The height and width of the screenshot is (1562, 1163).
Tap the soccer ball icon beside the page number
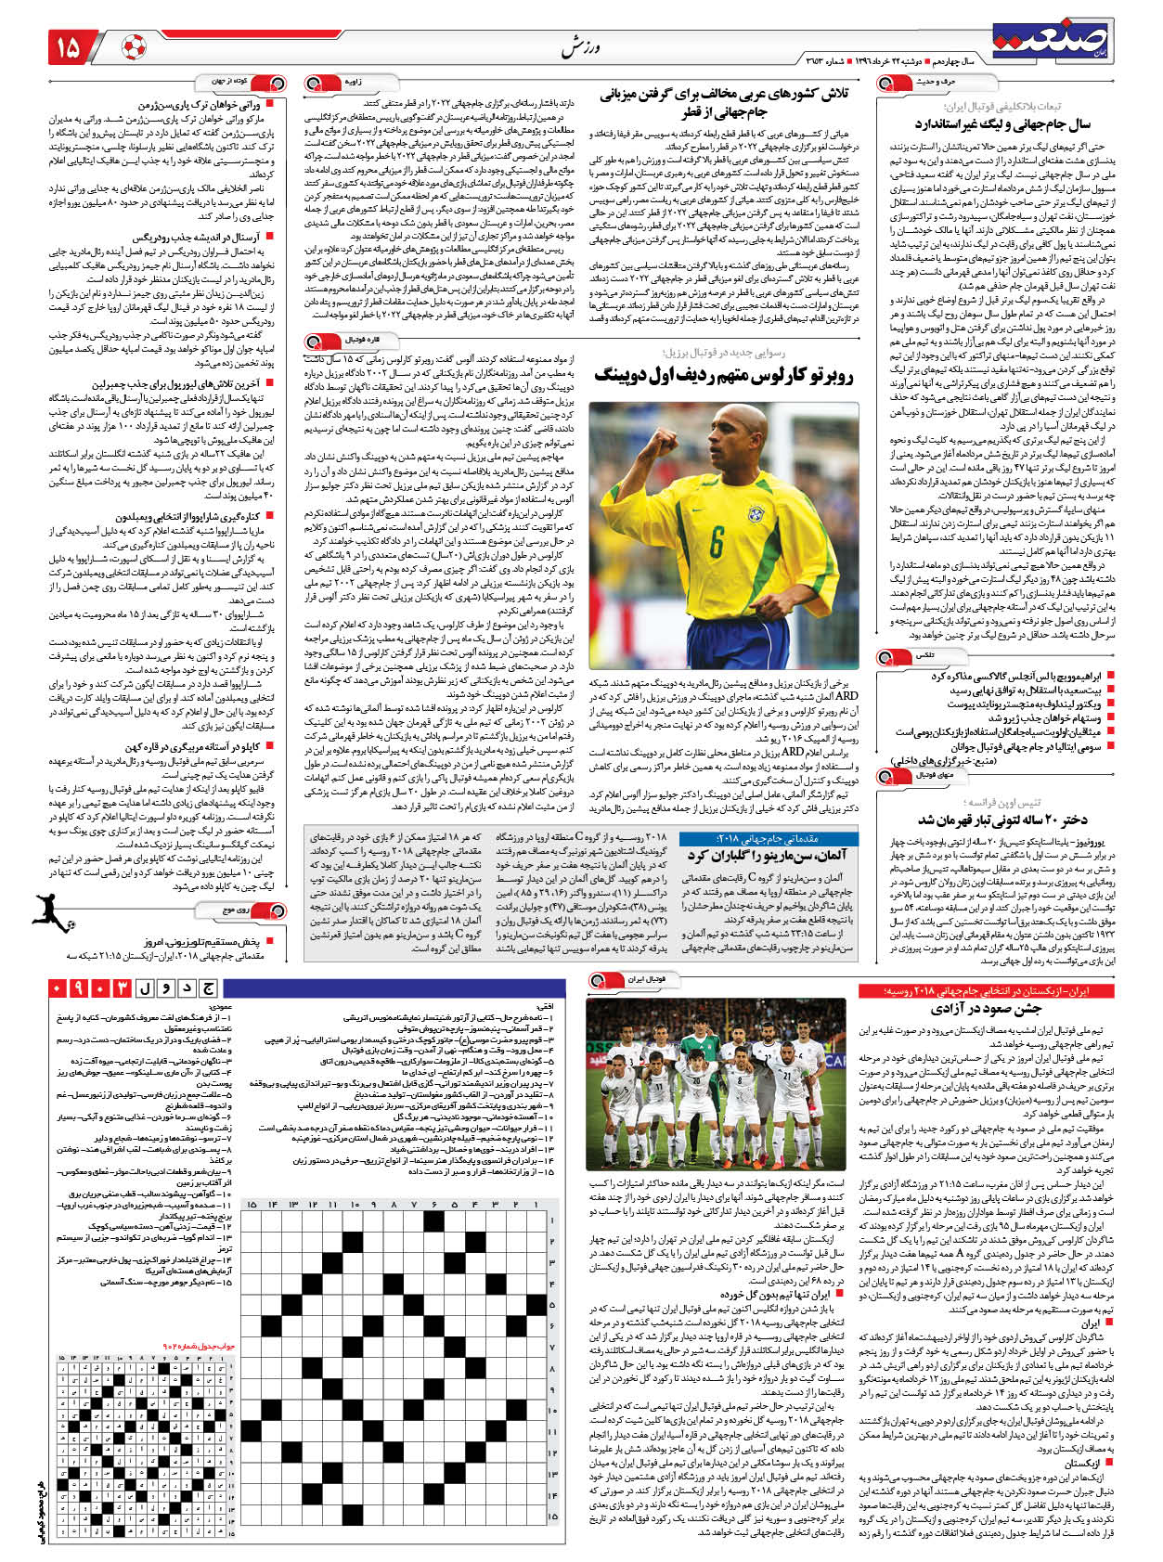pos(134,47)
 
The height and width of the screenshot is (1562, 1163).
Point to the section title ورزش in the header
pos(576,47)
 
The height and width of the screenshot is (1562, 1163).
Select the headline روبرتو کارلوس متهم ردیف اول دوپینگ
pos(724,375)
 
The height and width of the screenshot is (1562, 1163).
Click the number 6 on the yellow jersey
pos(717,542)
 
